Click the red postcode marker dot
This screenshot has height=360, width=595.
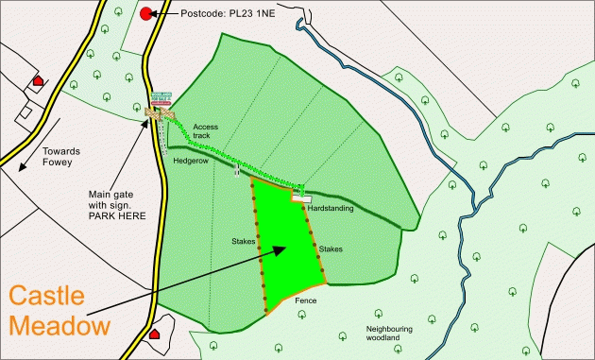145,13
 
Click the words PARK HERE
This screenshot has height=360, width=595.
112,216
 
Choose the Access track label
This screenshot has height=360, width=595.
205,131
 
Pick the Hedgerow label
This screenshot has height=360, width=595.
190,161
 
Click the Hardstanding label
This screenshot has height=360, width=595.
336,207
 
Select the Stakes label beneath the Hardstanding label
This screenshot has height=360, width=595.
331,249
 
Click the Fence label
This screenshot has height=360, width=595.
305,300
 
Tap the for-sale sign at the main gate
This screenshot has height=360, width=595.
161,97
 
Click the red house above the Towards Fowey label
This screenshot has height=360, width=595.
38,81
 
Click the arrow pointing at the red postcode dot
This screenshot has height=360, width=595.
168,14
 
